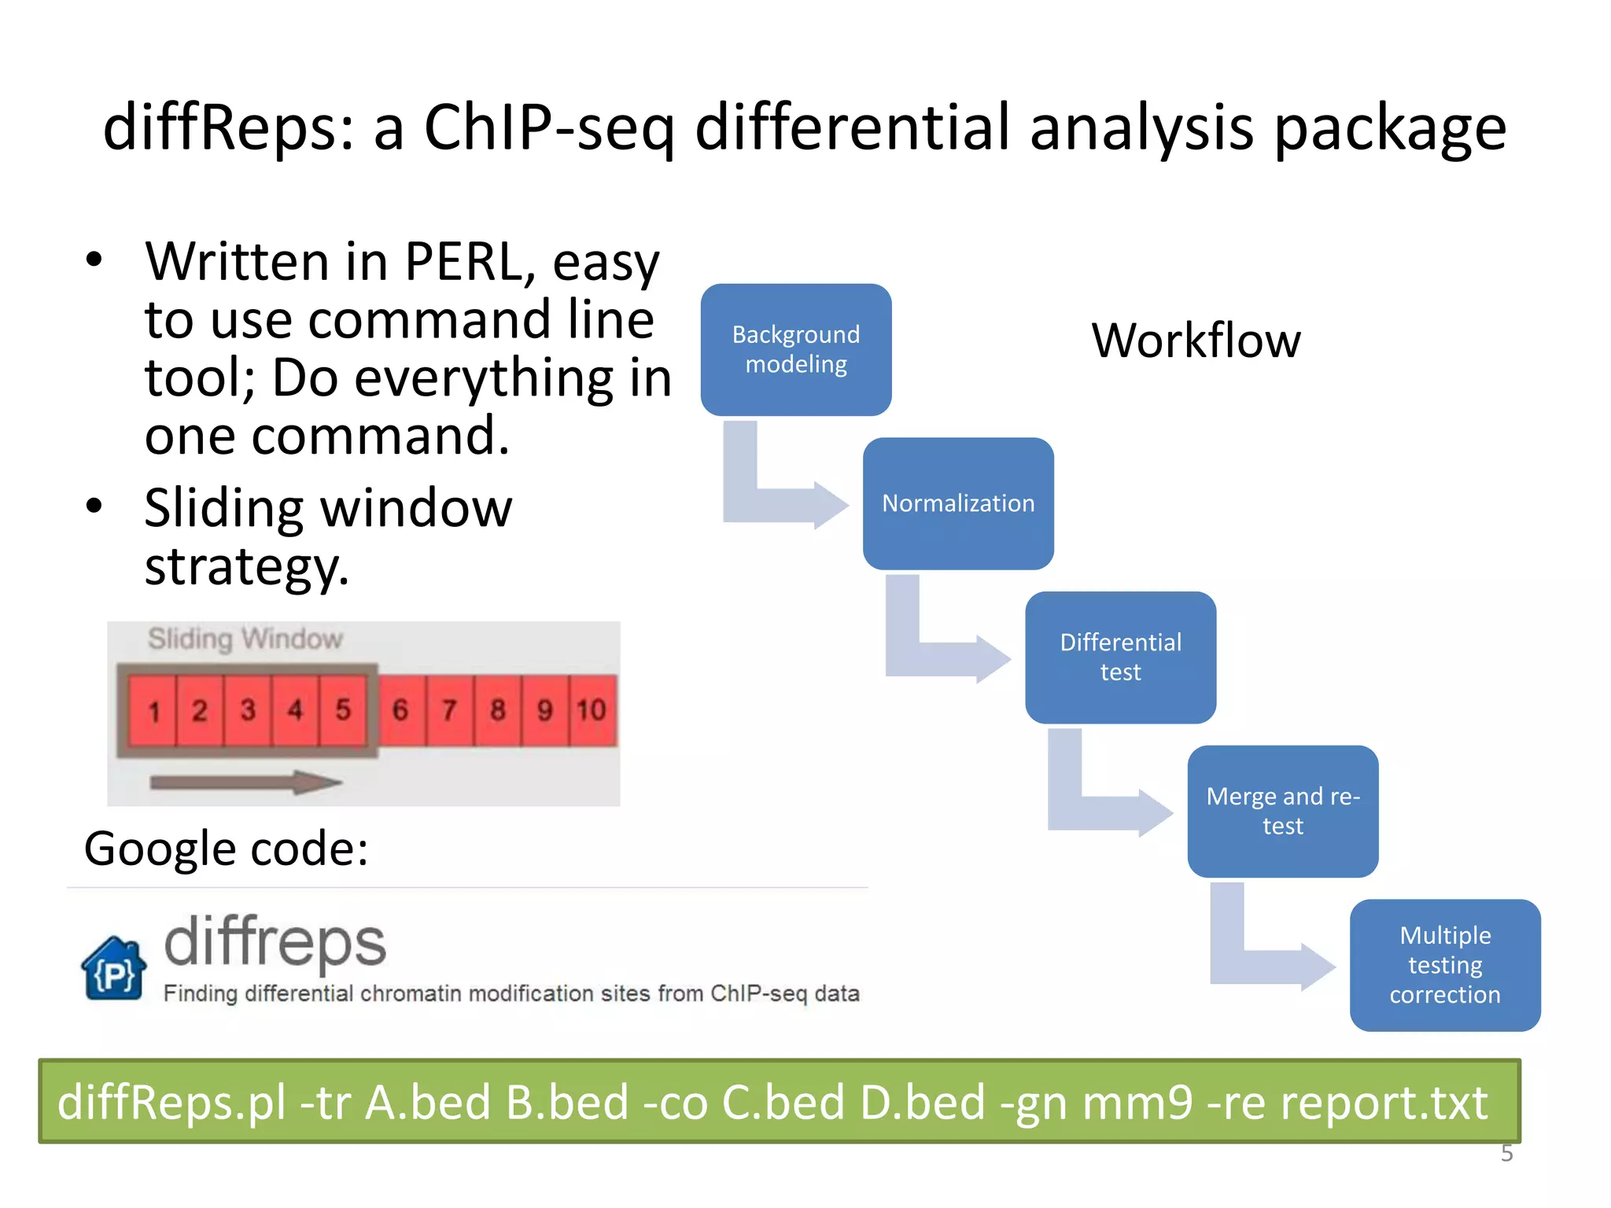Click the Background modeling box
[796, 349]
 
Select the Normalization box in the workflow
[958, 503]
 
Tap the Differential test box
[1120, 657]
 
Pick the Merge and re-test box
[1282, 811]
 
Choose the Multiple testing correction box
[1445, 965]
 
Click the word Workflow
[1196, 341]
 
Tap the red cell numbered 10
[592, 710]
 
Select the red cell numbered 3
[248, 710]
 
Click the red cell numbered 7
[449, 710]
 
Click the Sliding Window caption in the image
[245, 639]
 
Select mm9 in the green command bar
[1137, 1102]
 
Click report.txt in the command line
[1384, 1102]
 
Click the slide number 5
[1506, 1153]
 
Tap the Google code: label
[226, 849]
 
